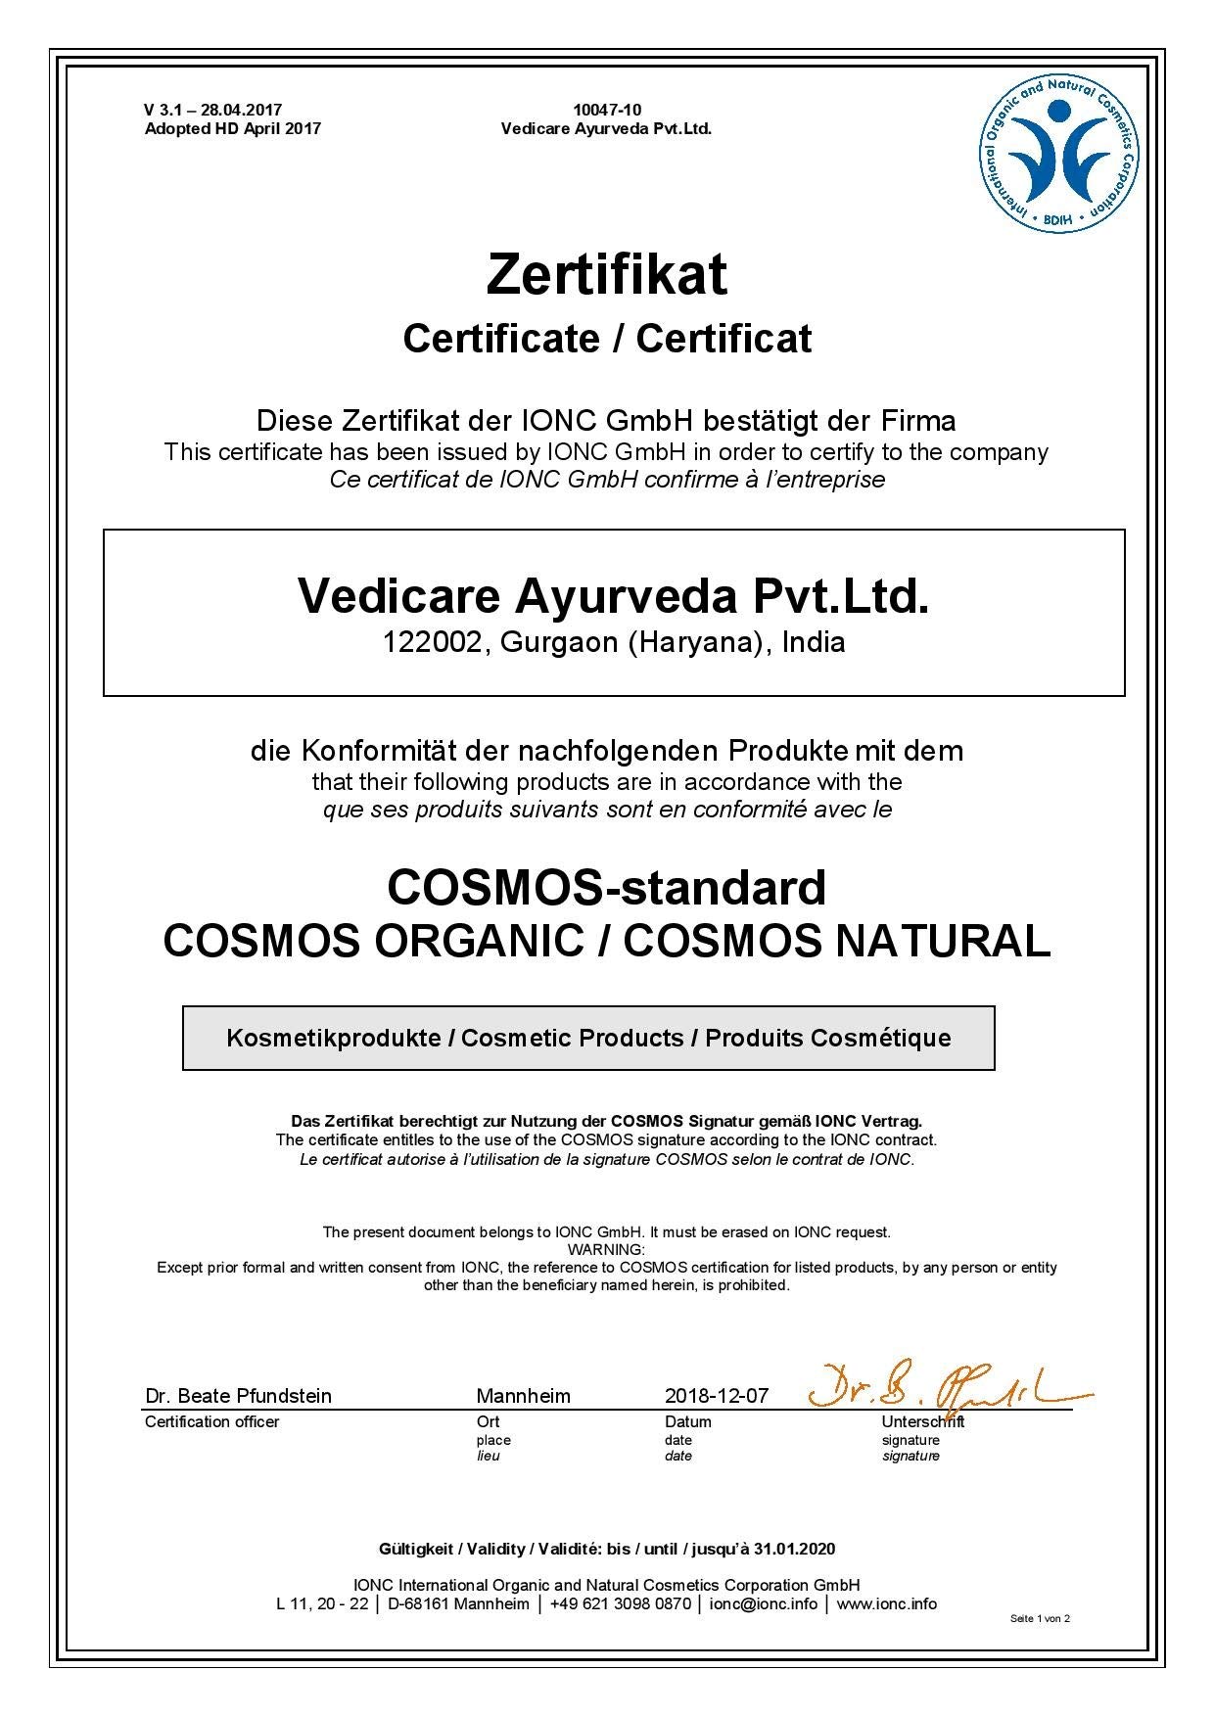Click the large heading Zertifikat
click(x=606, y=275)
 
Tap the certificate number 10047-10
click(x=607, y=110)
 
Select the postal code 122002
click(x=433, y=642)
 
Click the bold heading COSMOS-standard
click(x=606, y=887)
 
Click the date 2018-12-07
click(x=717, y=1396)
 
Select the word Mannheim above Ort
click(x=523, y=1396)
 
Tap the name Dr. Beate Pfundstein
click(x=238, y=1396)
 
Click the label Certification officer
click(x=211, y=1422)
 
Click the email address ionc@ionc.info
click(x=763, y=1604)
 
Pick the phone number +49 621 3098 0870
click(x=620, y=1604)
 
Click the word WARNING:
click(x=606, y=1250)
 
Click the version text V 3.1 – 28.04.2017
click(x=212, y=110)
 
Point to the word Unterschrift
click(x=922, y=1421)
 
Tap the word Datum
click(x=688, y=1421)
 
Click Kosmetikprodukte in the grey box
click(x=333, y=1038)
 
